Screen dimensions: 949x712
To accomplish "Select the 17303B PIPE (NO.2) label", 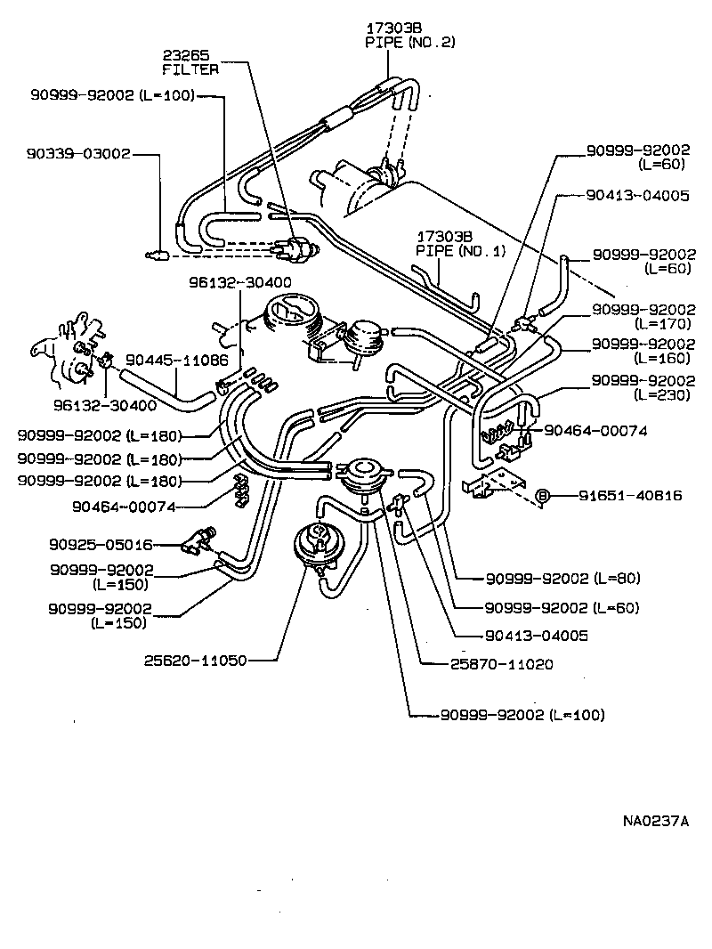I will [409, 34].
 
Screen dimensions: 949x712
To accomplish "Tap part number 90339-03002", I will [77, 153].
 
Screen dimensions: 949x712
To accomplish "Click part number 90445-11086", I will [176, 361].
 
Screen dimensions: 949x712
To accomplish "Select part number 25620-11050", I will [193, 661].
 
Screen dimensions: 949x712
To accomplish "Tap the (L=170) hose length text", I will [664, 324].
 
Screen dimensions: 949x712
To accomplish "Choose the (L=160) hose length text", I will [664, 358].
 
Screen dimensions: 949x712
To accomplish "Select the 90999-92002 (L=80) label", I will [562, 579].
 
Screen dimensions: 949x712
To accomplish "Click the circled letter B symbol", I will [541, 496].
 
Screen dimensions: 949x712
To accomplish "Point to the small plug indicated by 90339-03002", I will [157, 255].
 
